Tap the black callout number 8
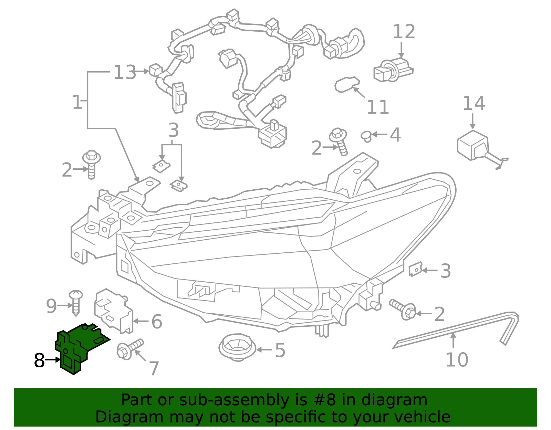39,360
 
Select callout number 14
474,103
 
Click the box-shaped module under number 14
472,145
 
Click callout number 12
404,32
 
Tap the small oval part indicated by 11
346,84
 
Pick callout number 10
457,360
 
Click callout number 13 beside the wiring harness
125,73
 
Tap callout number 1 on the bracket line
77,102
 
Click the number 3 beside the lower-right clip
445,271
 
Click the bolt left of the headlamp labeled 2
91,165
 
